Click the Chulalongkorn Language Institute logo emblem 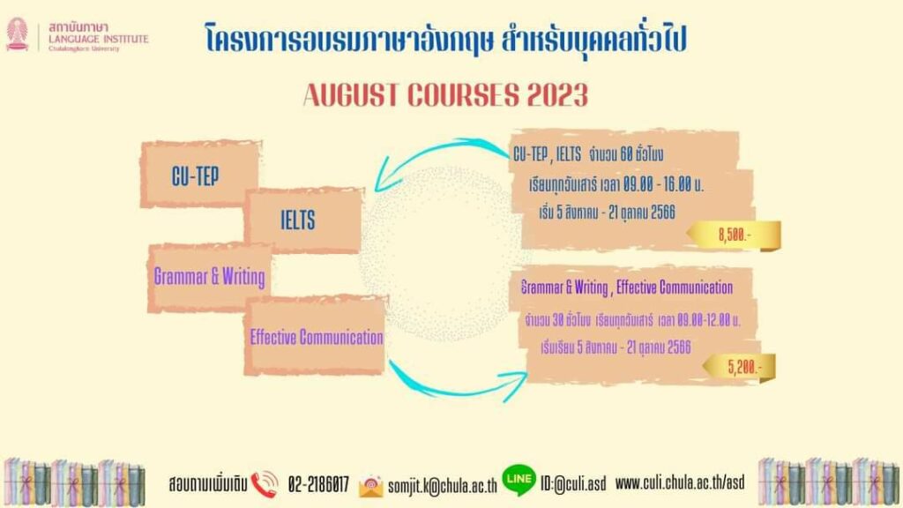[x=18, y=34]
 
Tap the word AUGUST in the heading [x=351, y=95]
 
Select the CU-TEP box [x=199, y=174]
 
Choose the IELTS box [x=304, y=220]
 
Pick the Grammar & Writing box [x=210, y=278]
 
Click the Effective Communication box [x=316, y=336]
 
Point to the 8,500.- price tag [x=735, y=235]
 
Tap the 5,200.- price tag [x=740, y=367]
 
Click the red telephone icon [x=265, y=484]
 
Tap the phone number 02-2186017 [x=318, y=484]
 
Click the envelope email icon [x=371, y=487]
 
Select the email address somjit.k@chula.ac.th [x=443, y=486]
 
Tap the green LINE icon [x=519, y=481]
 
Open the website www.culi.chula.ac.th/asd [x=680, y=482]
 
